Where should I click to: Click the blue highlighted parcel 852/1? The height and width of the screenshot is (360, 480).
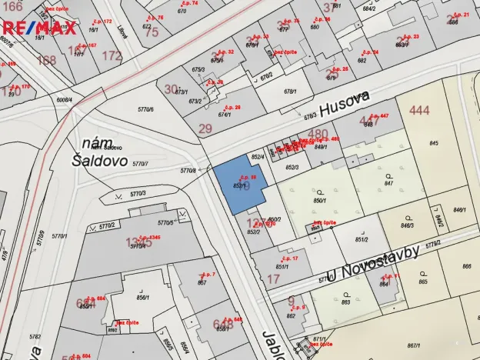tap(238, 185)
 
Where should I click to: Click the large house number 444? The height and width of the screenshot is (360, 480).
tap(419, 111)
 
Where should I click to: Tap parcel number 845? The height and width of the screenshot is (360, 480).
tap(434, 143)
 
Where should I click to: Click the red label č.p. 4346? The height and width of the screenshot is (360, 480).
tap(149, 237)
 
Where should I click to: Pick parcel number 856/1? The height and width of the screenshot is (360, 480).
tap(142, 297)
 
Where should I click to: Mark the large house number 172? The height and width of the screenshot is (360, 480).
tap(112, 55)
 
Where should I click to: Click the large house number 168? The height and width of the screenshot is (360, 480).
tap(46, 60)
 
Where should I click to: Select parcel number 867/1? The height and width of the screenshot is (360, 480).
tap(413, 345)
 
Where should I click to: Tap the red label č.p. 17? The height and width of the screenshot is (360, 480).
tap(291, 258)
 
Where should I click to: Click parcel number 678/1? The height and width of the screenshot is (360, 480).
tap(290, 92)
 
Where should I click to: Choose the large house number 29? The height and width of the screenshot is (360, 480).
tap(205, 128)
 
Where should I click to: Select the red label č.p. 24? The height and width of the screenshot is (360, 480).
tap(371, 52)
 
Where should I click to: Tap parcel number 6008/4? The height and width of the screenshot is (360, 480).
tap(64, 99)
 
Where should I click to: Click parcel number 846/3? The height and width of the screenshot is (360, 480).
tap(407, 225)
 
